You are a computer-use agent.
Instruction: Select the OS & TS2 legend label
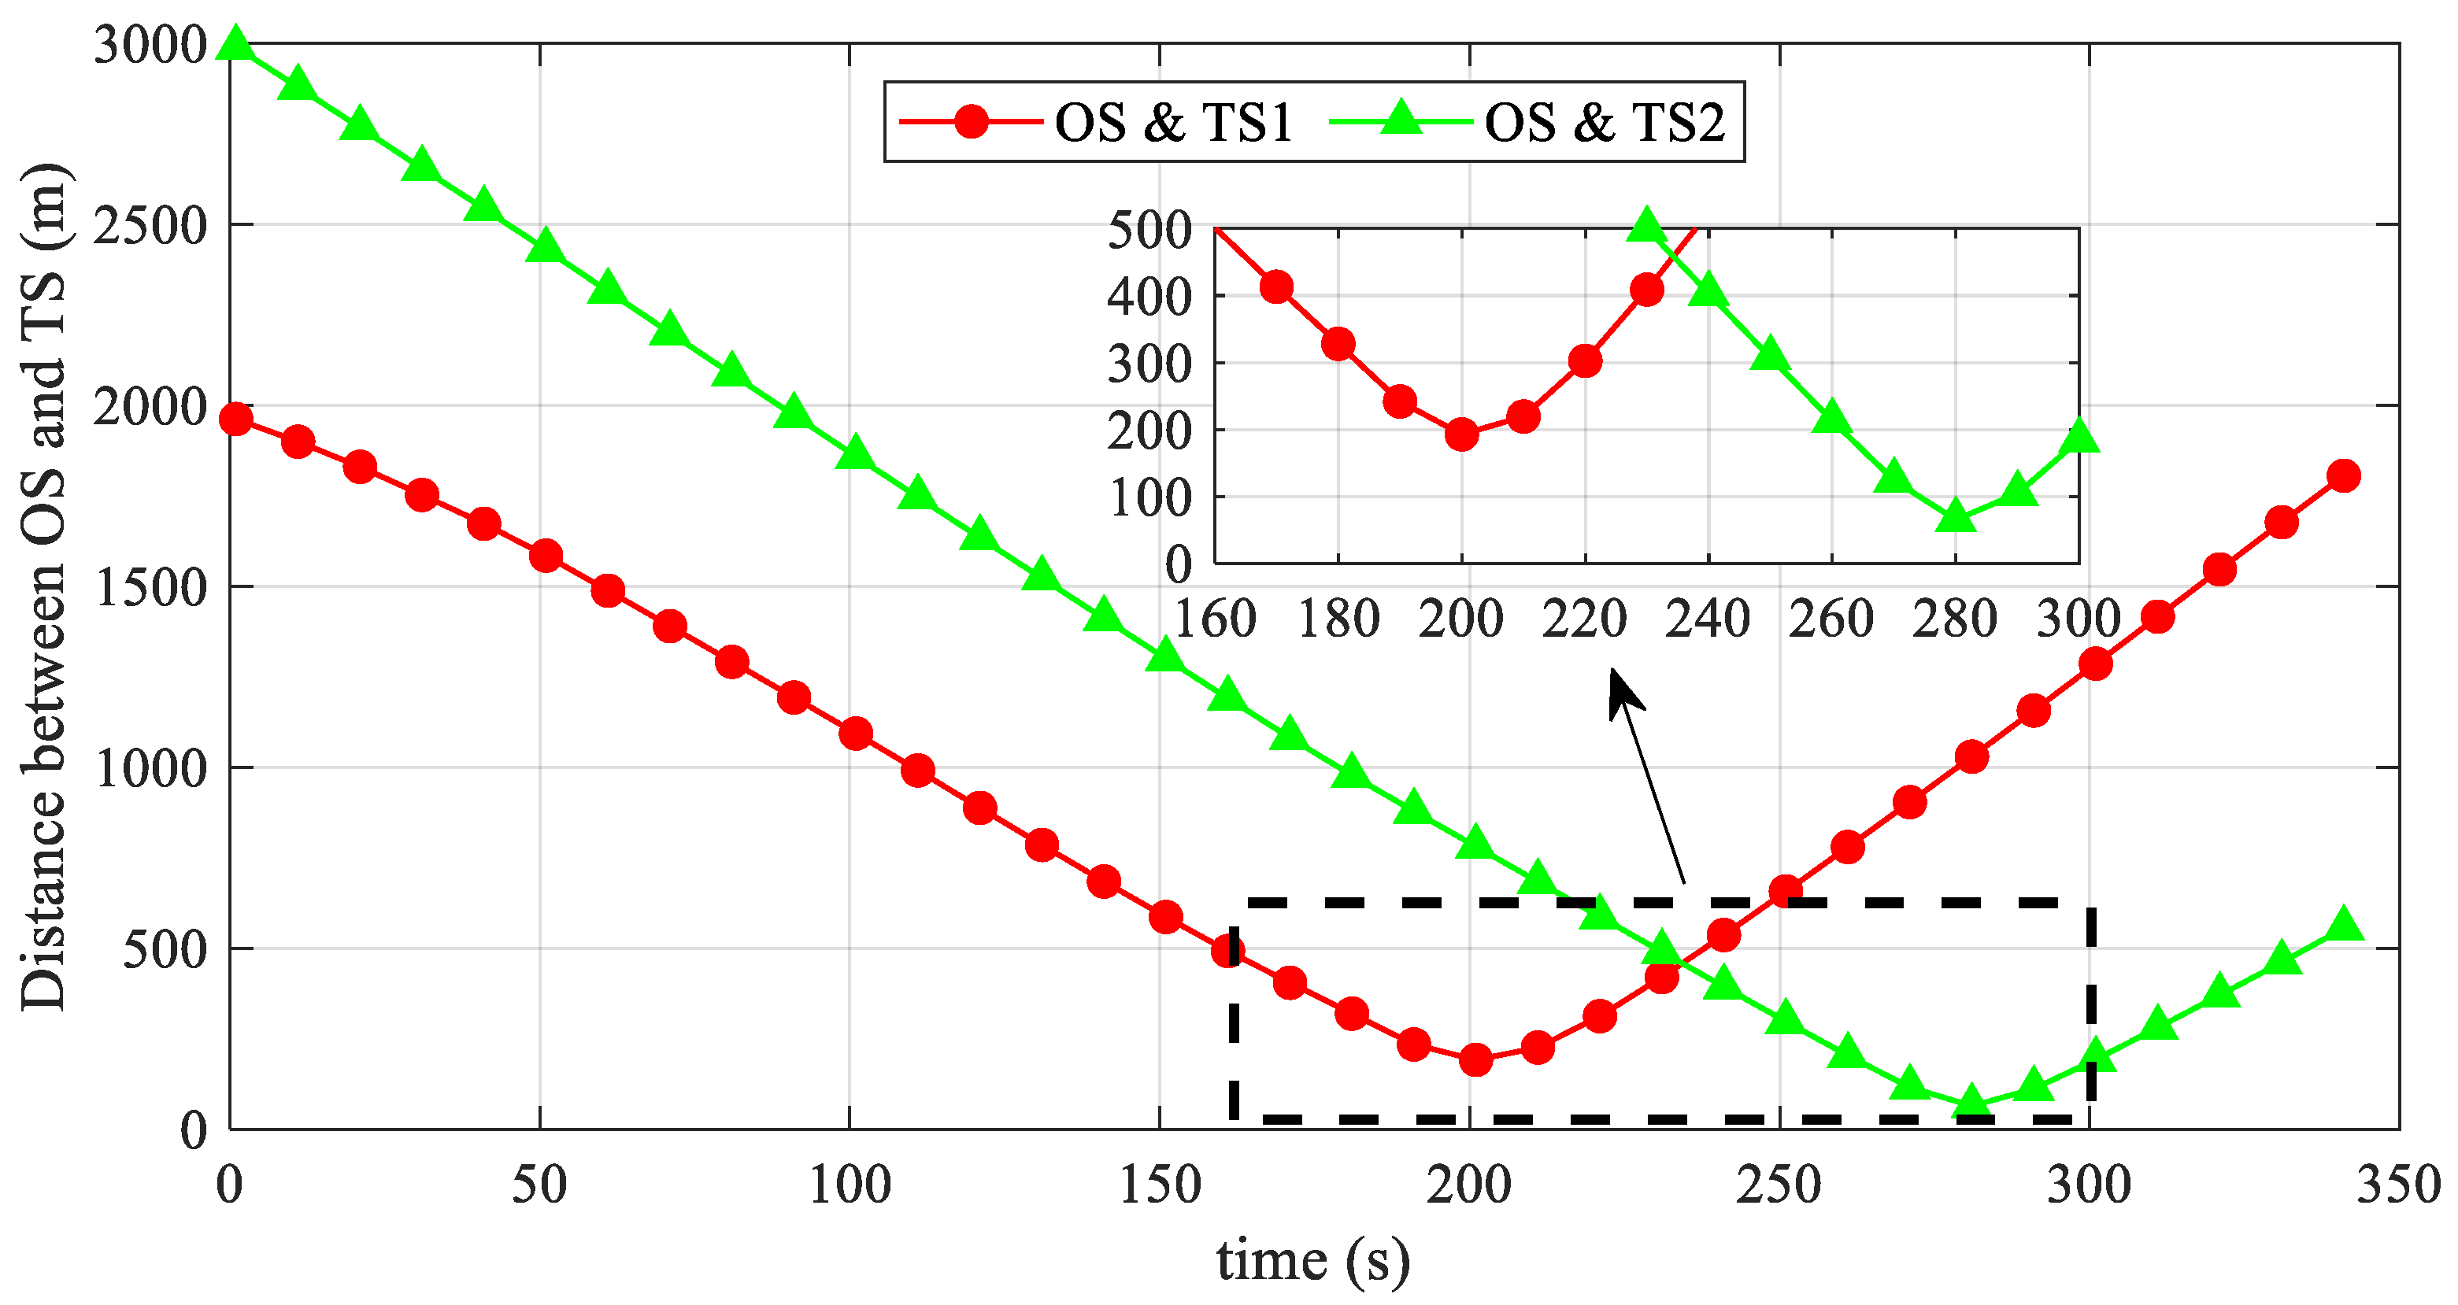[x=1605, y=123]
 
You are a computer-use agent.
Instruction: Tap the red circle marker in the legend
[x=972, y=122]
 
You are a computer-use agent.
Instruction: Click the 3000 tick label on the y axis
[x=150, y=45]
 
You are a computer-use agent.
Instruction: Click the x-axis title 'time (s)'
[x=1313, y=1261]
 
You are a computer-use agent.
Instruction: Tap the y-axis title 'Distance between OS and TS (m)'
[x=44, y=586]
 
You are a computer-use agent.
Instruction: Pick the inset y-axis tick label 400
[x=1149, y=298]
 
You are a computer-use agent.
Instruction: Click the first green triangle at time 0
[x=235, y=45]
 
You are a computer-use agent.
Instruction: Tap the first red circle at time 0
[x=235, y=419]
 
